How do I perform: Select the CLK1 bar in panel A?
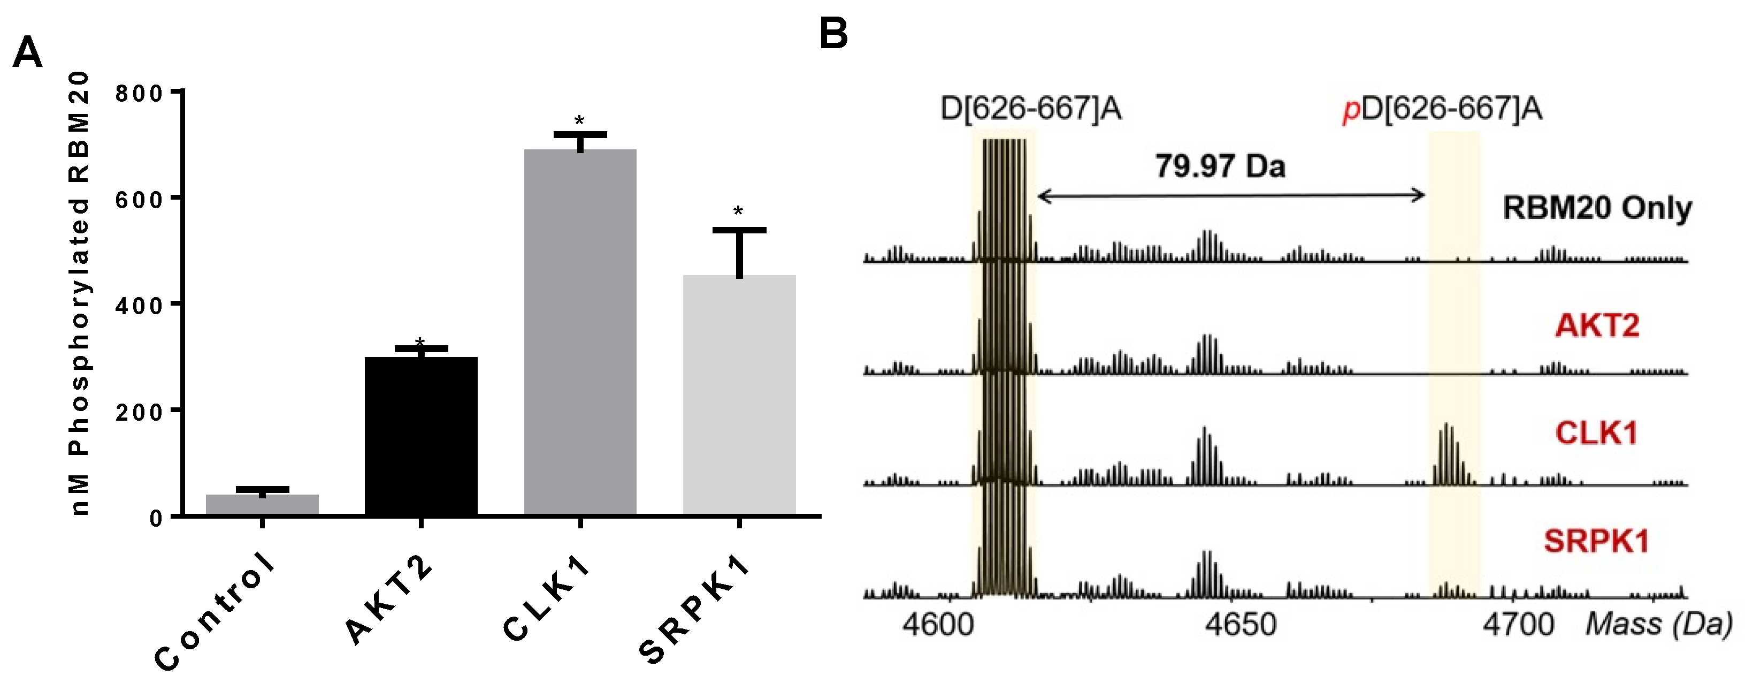coord(580,332)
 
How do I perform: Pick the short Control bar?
coord(262,505)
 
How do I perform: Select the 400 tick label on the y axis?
coord(139,306)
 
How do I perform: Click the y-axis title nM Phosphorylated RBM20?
coord(80,293)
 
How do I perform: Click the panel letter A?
coord(27,51)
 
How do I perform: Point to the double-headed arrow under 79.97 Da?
coord(1231,196)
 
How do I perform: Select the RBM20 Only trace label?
coord(1597,207)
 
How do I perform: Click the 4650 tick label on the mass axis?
coord(1241,624)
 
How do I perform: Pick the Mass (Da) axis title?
coord(1658,624)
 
